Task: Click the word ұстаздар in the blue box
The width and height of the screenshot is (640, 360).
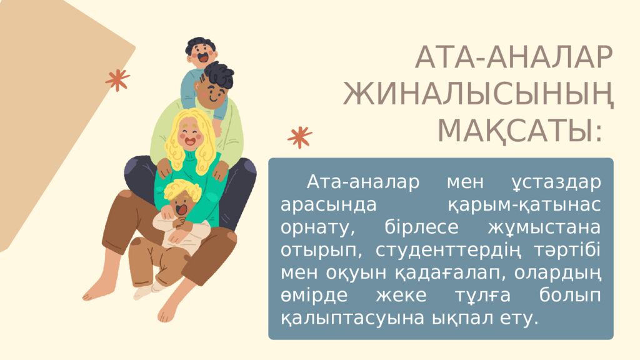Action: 552,183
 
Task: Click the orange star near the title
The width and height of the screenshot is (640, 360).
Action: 300,137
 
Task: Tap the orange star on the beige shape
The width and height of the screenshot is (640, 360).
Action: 117,79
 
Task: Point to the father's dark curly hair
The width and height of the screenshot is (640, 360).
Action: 218,76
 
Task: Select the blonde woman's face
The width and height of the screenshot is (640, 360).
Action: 190,134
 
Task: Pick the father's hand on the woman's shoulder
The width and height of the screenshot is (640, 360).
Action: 164,167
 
